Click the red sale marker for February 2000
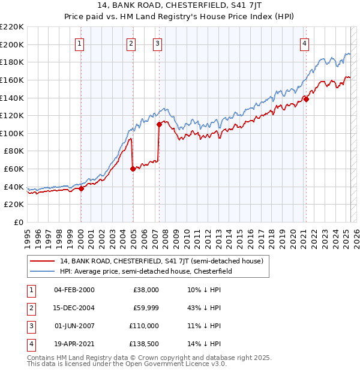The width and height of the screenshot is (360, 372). tap(81, 188)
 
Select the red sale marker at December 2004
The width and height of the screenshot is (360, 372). tap(133, 169)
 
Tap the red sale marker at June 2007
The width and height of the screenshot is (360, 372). tap(160, 124)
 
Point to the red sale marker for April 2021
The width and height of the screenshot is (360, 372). tap(306, 100)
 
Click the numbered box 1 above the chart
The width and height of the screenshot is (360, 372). tap(80, 43)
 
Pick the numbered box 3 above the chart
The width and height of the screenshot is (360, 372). tap(157, 43)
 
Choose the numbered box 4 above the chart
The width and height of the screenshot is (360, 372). tap(305, 43)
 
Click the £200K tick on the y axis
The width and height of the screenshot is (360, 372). tap(13, 44)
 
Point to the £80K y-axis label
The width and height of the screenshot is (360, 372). tap(14, 151)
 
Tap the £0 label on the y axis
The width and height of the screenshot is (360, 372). tap(19, 223)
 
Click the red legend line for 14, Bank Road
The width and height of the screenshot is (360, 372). tap(42, 261)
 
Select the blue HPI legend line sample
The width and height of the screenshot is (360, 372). tap(42, 271)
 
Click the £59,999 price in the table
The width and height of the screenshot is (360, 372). tap(145, 308)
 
